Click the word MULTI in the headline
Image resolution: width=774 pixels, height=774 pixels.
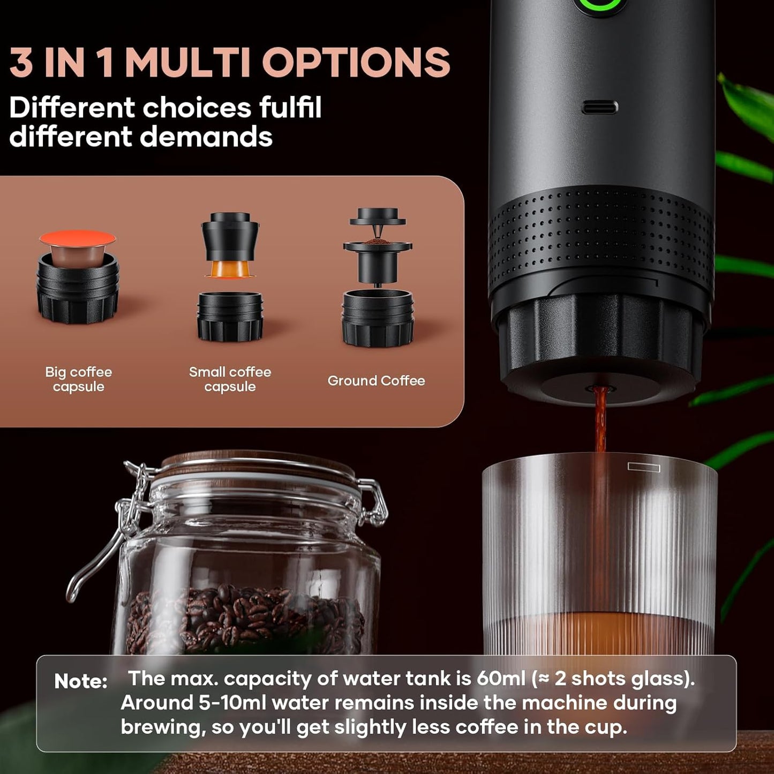[187, 63]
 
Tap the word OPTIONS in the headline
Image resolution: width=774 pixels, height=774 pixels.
[356, 63]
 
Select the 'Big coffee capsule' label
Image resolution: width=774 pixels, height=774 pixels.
[79, 379]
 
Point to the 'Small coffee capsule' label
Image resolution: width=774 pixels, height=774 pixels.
[230, 379]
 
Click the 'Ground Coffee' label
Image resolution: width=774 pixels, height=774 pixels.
[376, 381]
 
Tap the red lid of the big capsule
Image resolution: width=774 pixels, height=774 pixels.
[78, 238]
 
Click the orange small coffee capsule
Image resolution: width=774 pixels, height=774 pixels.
[230, 269]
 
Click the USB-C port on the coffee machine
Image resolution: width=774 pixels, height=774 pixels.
[599, 107]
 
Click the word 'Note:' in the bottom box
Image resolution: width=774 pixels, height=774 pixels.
[81, 681]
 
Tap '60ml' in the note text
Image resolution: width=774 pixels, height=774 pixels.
[501, 679]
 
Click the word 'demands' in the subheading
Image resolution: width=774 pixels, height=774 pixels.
[206, 137]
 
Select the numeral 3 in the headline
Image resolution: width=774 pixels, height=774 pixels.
[21, 63]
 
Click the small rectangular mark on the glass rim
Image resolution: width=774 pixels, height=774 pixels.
[644, 467]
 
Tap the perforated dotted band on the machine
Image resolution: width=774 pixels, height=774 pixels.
[600, 236]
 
